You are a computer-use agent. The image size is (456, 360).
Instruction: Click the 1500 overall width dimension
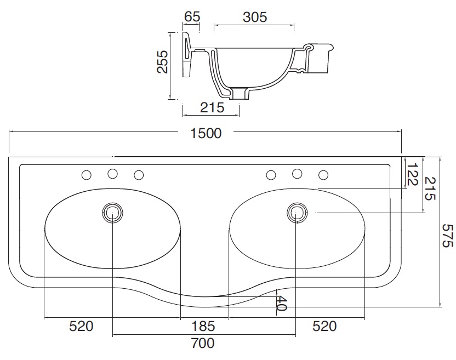206,133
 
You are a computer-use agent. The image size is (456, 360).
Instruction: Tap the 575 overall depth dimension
447,235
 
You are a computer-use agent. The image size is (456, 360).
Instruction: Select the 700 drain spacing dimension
203,343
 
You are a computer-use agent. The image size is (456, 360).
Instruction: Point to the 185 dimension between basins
203,326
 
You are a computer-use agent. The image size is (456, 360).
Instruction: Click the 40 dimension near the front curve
281,304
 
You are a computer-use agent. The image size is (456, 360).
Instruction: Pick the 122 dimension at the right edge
412,174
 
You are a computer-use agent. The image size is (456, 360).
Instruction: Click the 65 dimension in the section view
192,16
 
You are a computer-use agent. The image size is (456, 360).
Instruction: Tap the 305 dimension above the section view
255,17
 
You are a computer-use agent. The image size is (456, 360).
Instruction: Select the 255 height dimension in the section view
162,62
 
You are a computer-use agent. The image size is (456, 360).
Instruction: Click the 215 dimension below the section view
212,107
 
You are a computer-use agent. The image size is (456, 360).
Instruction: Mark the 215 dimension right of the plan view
430,188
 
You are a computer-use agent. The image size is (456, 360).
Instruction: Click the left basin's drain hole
112,213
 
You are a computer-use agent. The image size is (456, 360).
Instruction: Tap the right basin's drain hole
297,213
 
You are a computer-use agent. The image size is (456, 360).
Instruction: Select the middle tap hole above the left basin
112,174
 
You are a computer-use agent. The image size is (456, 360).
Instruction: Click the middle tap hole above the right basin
297,174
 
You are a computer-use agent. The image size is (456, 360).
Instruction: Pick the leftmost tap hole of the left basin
87,175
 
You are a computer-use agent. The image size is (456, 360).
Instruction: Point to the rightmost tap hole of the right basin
323,175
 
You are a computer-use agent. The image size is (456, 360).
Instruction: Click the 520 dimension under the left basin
81,326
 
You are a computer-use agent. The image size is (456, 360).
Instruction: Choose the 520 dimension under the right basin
324,326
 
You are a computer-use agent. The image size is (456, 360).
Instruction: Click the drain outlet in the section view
241,93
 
